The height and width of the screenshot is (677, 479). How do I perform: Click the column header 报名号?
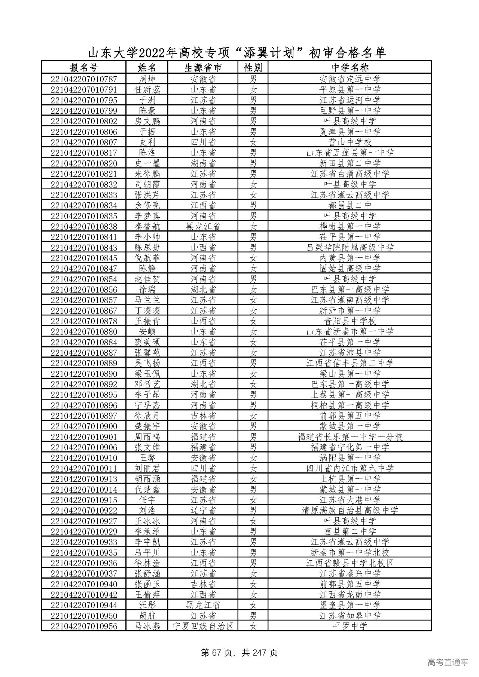tap(83, 68)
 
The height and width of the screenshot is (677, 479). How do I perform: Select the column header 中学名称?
tap(350, 68)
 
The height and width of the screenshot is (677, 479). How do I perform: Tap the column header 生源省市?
tap(203, 68)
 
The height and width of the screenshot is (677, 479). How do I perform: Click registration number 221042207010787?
tap(83, 79)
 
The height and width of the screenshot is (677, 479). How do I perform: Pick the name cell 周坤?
tap(147, 79)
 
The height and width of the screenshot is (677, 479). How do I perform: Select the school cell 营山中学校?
tap(350, 142)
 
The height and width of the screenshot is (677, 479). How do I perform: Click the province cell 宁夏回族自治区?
tap(203, 626)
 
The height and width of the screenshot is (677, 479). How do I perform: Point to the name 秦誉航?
tap(147, 227)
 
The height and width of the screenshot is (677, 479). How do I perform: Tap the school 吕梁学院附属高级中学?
tap(350, 248)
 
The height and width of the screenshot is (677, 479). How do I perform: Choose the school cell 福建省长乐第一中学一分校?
tap(350, 437)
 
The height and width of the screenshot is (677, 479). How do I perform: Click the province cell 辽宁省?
tap(203, 511)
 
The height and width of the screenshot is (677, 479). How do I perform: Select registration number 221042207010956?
tap(83, 626)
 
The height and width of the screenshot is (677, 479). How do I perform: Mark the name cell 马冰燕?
tap(147, 626)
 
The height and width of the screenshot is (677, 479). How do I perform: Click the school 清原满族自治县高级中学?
tap(350, 511)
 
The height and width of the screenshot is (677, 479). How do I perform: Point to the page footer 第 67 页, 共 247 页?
tap(239, 653)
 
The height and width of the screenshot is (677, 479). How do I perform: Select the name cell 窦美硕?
tap(147, 342)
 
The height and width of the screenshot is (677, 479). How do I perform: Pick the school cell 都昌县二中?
tap(350, 205)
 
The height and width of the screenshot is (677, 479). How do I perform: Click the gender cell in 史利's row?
tap(253, 142)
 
